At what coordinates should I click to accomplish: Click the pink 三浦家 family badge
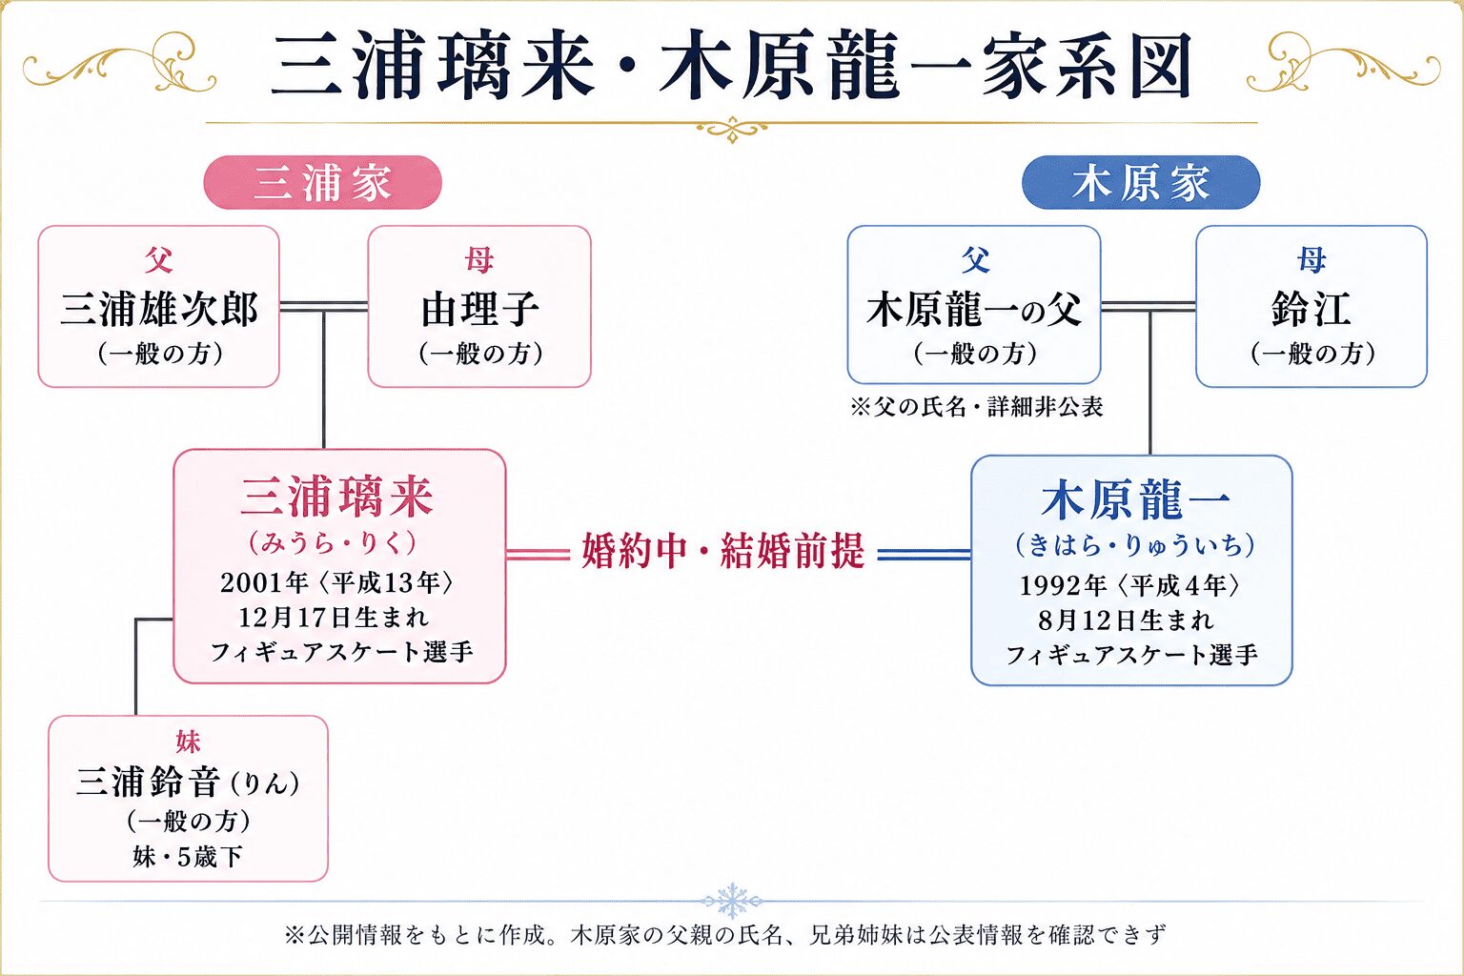click(323, 182)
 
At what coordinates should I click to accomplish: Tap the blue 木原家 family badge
click(1141, 182)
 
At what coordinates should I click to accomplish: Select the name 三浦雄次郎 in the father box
click(159, 310)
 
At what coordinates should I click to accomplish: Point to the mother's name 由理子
click(479, 310)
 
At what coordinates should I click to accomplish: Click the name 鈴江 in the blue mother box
click(1311, 310)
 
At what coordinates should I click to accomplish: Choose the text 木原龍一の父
click(974, 310)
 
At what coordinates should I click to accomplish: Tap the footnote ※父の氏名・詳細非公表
click(976, 407)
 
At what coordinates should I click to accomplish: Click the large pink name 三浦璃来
click(337, 498)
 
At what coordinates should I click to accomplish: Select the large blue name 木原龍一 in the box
click(1135, 500)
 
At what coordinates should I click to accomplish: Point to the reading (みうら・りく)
click(333, 543)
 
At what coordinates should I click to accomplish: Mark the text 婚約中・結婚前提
click(723, 551)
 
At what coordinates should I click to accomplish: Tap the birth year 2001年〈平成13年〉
click(336, 582)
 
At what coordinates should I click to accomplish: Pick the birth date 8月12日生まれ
click(1126, 620)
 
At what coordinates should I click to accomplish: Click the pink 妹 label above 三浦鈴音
click(188, 742)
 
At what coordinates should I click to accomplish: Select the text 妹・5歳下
click(188, 856)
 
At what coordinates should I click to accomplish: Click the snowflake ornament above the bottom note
click(732, 901)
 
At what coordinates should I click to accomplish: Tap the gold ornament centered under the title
click(732, 129)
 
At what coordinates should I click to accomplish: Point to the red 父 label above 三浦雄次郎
click(159, 260)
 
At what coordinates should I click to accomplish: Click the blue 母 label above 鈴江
click(1311, 260)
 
